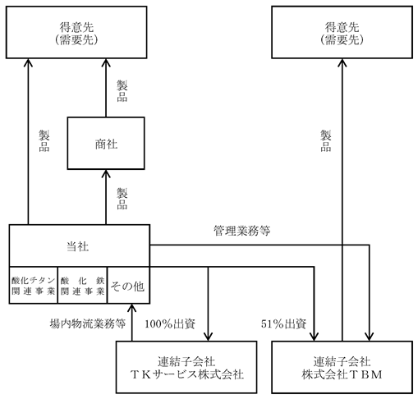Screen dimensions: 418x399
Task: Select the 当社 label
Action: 78,246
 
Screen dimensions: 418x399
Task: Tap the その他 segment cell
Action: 129,285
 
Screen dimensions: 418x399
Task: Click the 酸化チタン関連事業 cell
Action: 34,285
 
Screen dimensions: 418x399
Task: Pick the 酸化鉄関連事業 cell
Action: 82,285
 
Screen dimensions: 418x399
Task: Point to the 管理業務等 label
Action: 242,231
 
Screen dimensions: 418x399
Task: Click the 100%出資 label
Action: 170,324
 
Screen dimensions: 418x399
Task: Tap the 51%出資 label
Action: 283,324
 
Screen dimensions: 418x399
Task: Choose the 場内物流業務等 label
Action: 88,323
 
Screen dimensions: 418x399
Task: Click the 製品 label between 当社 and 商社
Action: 122,199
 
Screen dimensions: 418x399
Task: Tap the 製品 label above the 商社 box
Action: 122,91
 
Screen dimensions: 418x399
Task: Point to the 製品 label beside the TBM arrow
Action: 326,141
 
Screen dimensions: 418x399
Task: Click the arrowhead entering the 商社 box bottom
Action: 106,173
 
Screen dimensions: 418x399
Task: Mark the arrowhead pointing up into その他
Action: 131,308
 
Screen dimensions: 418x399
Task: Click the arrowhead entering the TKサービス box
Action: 208,337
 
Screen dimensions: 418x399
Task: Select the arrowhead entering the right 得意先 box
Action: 342,62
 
